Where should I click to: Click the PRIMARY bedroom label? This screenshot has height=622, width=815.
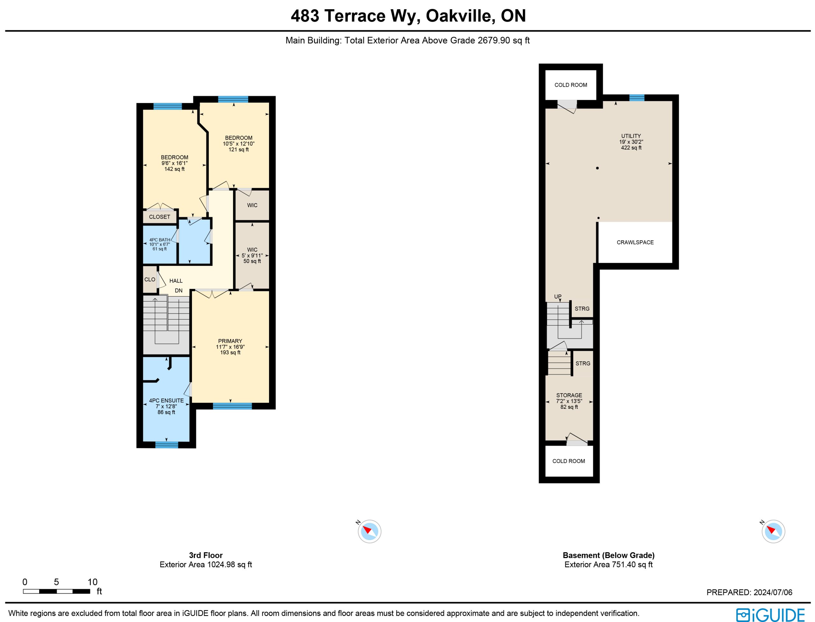pyautogui.click(x=230, y=341)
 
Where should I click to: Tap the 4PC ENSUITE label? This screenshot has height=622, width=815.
pyautogui.click(x=166, y=401)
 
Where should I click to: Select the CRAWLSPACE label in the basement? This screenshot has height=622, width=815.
pyautogui.click(x=635, y=242)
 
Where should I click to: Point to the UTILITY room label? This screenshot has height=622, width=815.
pyautogui.click(x=631, y=136)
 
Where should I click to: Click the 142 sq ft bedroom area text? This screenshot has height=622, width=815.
pyautogui.click(x=174, y=169)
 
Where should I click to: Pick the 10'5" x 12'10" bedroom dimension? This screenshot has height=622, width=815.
pyautogui.click(x=239, y=144)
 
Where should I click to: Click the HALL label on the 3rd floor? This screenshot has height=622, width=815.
pyautogui.click(x=176, y=281)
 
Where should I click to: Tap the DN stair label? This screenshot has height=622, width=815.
pyautogui.click(x=179, y=291)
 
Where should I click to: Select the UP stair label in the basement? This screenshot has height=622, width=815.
pyautogui.click(x=557, y=297)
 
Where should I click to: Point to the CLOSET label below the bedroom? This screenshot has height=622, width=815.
pyautogui.click(x=159, y=217)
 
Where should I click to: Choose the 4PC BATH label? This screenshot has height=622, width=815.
pyautogui.click(x=159, y=240)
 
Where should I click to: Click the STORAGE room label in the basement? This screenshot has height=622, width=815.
pyautogui.click(x=569, y=395)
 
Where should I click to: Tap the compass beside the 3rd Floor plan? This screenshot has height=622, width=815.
pyautogui.click(x=369, y=531)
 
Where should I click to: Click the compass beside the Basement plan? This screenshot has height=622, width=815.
pyautogui.click(x=773, y=531)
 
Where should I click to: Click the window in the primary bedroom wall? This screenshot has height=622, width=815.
pyautogui.click(x=232, y=406)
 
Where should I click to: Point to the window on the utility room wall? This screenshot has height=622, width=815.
pyautogui.click(x=637, y=98)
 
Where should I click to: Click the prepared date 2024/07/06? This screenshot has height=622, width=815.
pyautogui.click(x=773, y=592)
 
